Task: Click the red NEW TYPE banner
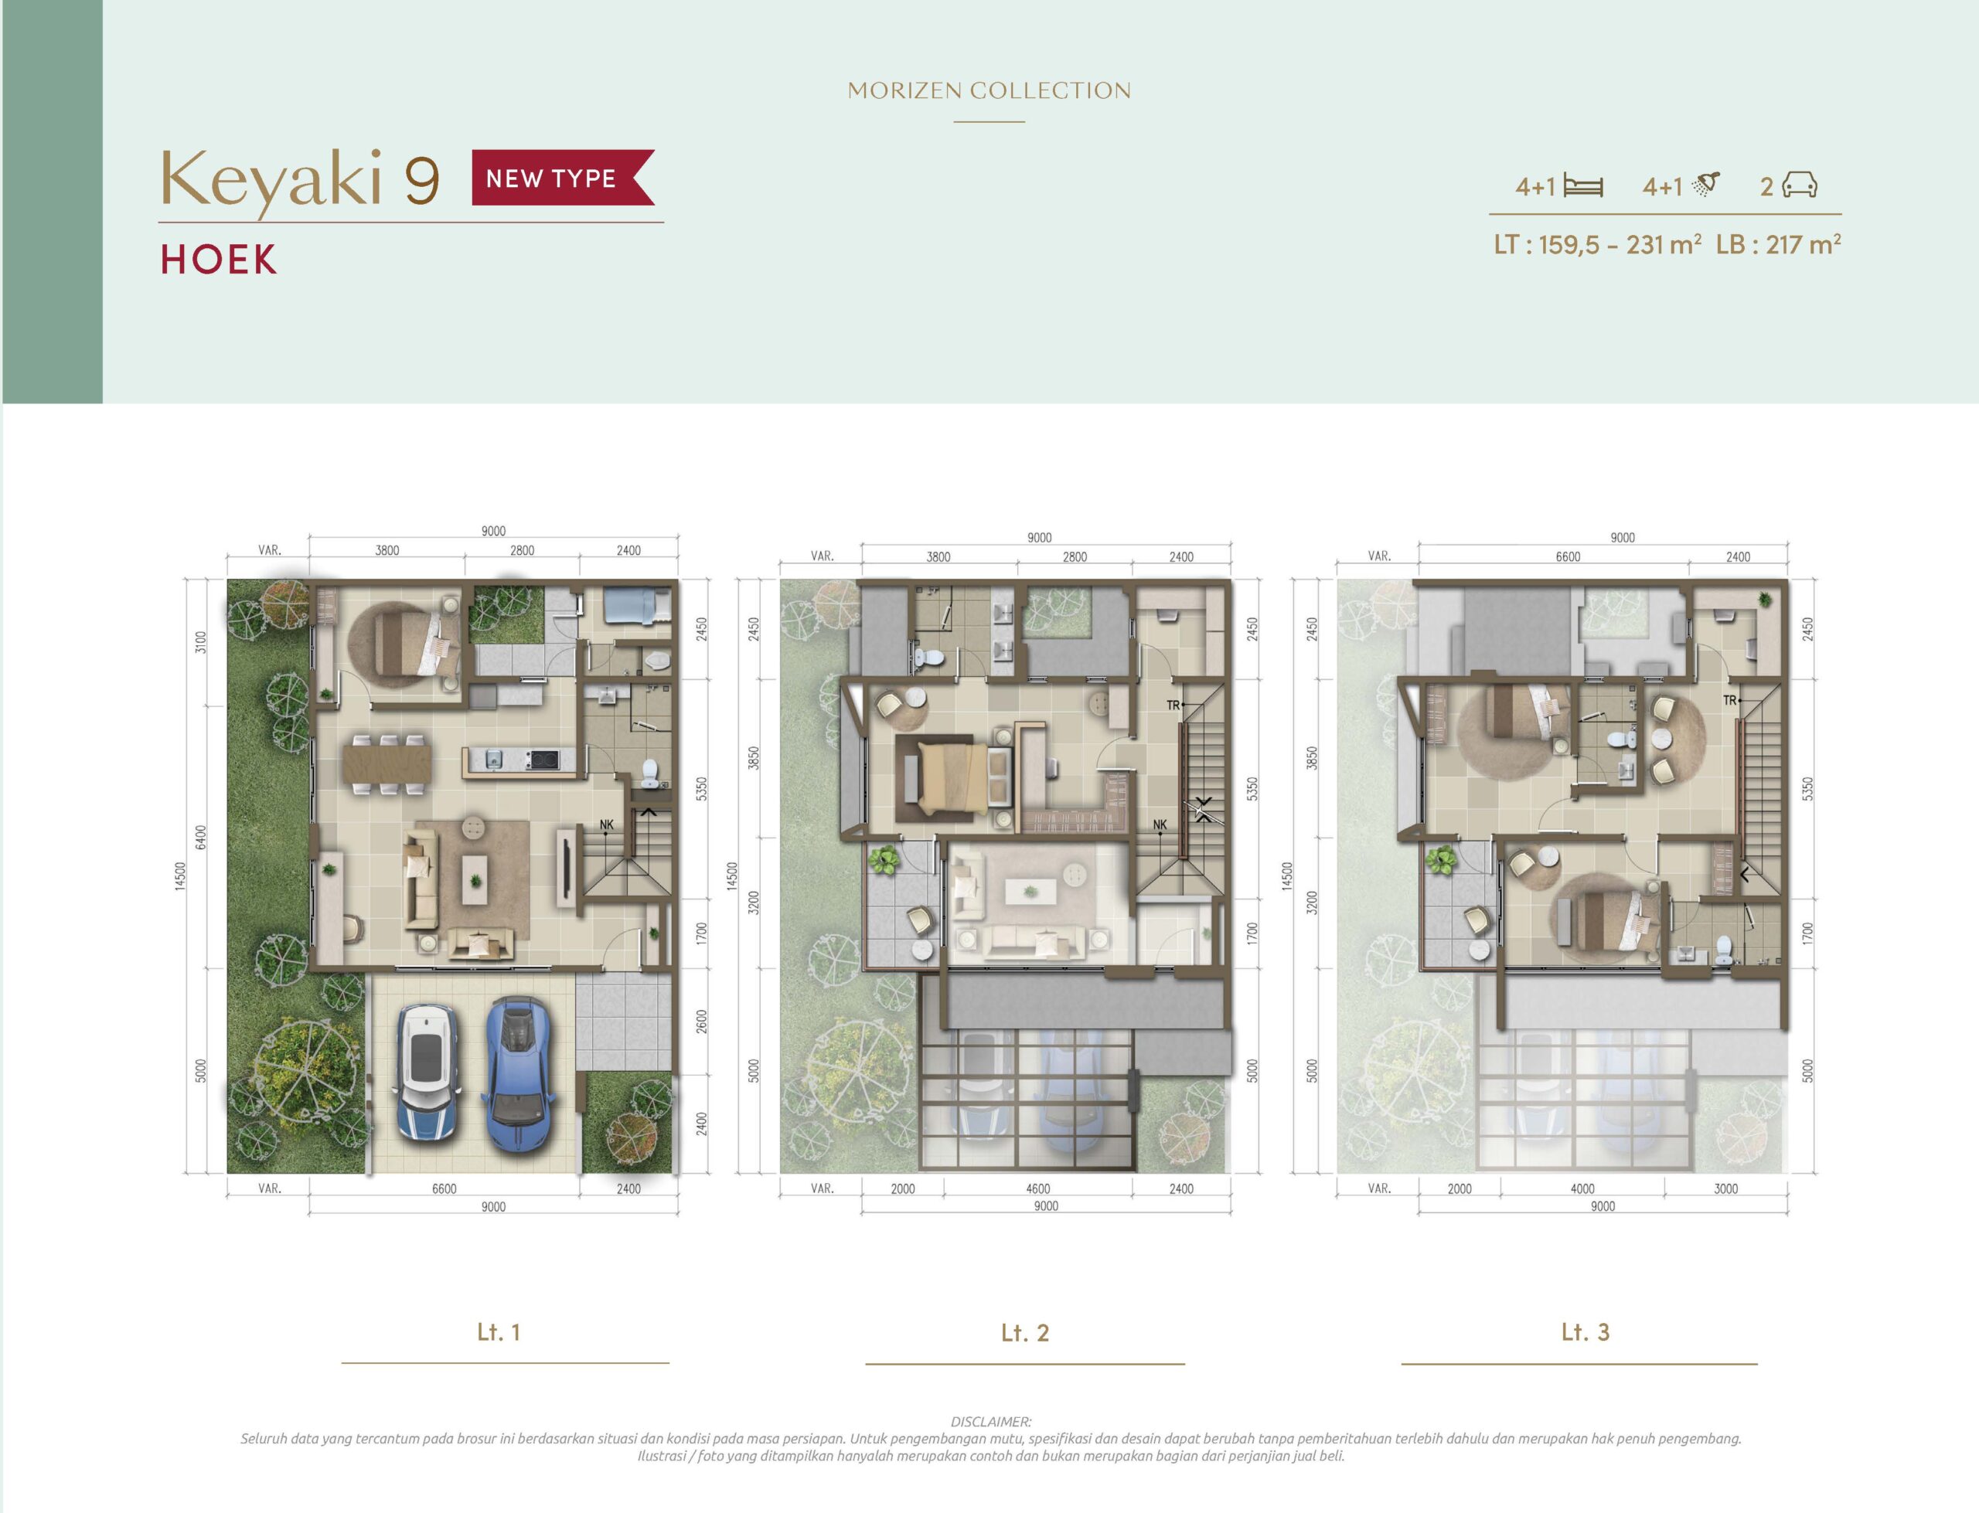point(563,178)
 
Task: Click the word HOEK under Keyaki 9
point(219,260)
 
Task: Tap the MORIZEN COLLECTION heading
point(989,91)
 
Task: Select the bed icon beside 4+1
point(1583,186)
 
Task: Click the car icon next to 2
point(1799,185)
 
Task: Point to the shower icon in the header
point(1706,184)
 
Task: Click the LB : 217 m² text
point(1778,244)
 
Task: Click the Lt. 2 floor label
point(1025,1333)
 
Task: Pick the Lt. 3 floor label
point(1586,1332)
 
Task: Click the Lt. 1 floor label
point(499,1332)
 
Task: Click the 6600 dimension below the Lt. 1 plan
point(444,1188)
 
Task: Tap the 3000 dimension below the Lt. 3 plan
point(1726,1188)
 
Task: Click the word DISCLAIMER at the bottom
point(991,1422)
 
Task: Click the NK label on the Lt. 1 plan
point(606,824)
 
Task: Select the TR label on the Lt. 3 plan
point(1729,700)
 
